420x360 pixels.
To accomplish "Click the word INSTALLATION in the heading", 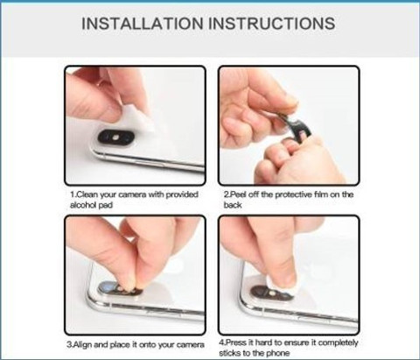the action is click(143, 24).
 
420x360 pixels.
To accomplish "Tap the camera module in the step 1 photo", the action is click(115, 137).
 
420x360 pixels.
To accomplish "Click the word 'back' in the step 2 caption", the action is click(233, 205).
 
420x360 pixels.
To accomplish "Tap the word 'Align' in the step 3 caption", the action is click(82, 345).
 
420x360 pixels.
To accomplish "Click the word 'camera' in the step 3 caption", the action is click(189, 345).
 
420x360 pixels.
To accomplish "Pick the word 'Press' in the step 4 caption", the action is click(236, 342).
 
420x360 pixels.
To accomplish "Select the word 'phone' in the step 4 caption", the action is click(278, 353).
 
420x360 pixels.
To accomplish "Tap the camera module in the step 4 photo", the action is click(271, 293).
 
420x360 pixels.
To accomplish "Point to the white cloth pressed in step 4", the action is click(283, 281).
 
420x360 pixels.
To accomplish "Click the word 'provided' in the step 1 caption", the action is click(182, 194).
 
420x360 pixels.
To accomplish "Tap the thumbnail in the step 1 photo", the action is click(112, 110).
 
